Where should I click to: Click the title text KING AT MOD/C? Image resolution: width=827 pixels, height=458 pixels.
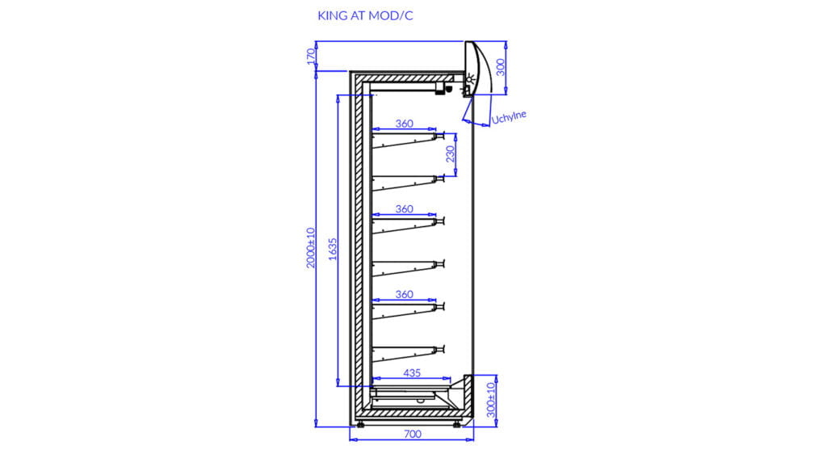[x=365, y=16]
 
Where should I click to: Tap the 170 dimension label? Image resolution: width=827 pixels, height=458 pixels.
[x=311, y=56]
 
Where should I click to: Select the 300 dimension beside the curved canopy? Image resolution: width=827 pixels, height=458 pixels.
[x=501, y=68]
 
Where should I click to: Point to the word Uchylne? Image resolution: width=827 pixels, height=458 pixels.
[x=509, y=117]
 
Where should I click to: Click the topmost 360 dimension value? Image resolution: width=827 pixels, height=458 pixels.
[x=404, y=124]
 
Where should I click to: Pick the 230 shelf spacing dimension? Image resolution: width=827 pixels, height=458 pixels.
[x=450, y=154]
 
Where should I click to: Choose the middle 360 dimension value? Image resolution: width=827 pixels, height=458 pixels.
[x=404, y=209]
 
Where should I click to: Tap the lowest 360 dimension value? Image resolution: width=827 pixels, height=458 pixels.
[x=404, y=294]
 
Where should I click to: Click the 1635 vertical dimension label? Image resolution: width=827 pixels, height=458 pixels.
[x=332, y=249]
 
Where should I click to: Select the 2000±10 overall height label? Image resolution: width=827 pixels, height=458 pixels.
[x=311, y=248]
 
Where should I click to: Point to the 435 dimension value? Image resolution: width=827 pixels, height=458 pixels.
[x=412, y=373]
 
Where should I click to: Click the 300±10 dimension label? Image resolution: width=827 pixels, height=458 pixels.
[x=491, y=400]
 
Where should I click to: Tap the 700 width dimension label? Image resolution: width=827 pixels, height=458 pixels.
[x=413, y=435]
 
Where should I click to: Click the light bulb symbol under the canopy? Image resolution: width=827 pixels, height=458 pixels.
[x=469, y=81]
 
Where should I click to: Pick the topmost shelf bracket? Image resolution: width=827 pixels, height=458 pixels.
[x=409, y=141]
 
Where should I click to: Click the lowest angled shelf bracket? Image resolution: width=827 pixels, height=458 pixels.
[x=409, y=354]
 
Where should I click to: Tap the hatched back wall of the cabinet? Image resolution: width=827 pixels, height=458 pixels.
[x=359, y=246]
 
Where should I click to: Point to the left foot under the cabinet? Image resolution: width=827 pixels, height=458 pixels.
[x=360, y=424]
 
